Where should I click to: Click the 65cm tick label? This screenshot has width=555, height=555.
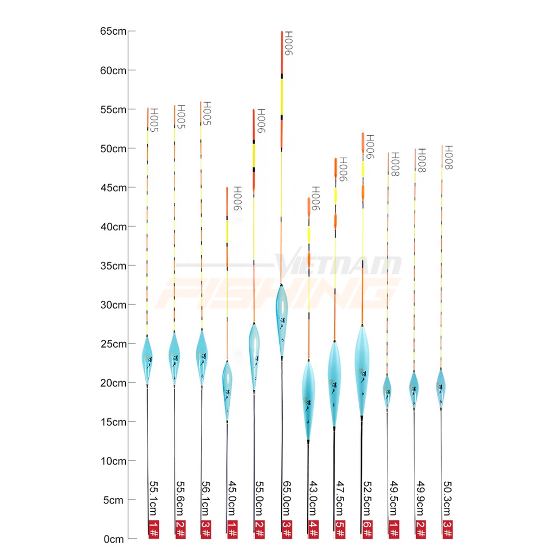click(113, 31)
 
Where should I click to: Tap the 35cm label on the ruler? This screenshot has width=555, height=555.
click(113, 266)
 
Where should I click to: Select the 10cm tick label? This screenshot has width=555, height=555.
click(113, 461)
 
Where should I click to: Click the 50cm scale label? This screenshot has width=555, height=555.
click(113, 149)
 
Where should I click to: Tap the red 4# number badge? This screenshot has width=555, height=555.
click(313, 530)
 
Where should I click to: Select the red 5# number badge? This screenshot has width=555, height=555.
click(339, 530)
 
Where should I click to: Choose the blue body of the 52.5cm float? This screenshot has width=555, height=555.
click(362, 369)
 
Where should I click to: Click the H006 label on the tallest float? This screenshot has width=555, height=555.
click(288, 43)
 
